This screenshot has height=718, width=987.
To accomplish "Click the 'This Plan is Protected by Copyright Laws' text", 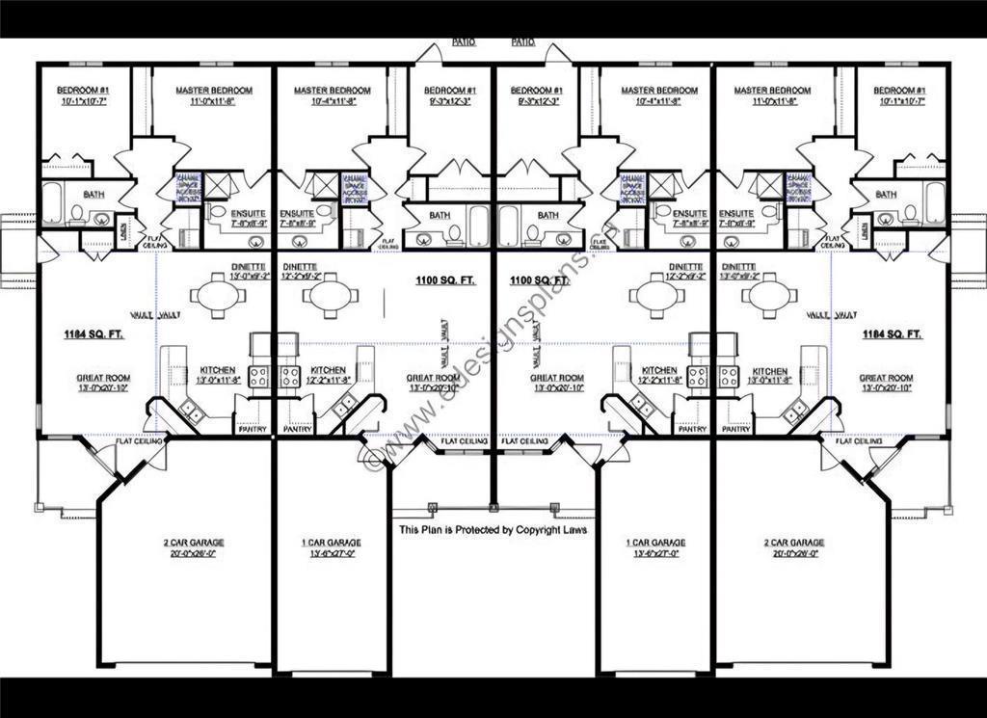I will tap(493, 530).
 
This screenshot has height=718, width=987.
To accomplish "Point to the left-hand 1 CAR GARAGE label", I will tap(332, 543).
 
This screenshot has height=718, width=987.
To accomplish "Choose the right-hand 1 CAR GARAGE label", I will tap(655, 543).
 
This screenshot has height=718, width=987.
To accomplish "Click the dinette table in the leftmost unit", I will tap(218, 296).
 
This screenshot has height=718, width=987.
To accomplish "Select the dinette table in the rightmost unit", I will tap(768, 296).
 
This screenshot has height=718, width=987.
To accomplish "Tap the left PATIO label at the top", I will tap(464, 42).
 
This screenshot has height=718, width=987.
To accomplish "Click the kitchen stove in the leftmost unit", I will tap(258, 376).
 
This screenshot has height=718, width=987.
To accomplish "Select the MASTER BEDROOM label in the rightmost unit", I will tap(772, 91).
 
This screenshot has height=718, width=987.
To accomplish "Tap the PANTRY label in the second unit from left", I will tap(298, 429).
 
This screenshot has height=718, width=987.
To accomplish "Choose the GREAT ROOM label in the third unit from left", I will tap(556, 378).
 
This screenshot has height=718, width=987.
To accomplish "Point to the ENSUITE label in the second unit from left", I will tap(297, 213).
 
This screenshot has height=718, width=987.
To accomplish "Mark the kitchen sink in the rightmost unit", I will tap(795, 412).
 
